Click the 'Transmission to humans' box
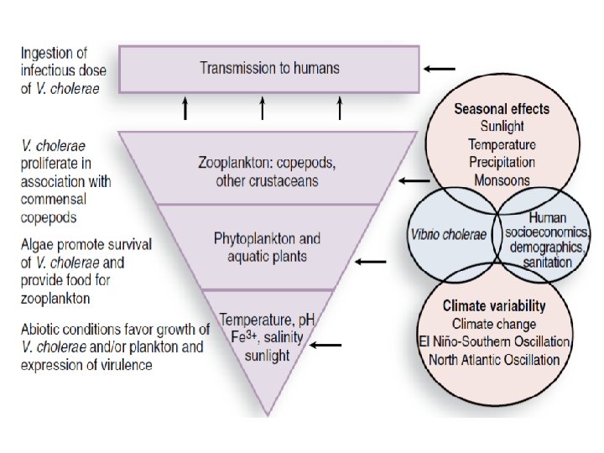click(269, 69)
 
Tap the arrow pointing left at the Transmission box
click(440, 69)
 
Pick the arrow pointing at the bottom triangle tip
click(325, 345)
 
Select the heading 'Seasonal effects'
click(502, 109)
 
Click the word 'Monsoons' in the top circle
click(502, 180)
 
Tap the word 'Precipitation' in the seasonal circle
click(502, 162)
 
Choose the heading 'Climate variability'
click(495, 306)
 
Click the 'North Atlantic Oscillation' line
click(495, 360)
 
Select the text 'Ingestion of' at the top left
click(55, 52)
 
